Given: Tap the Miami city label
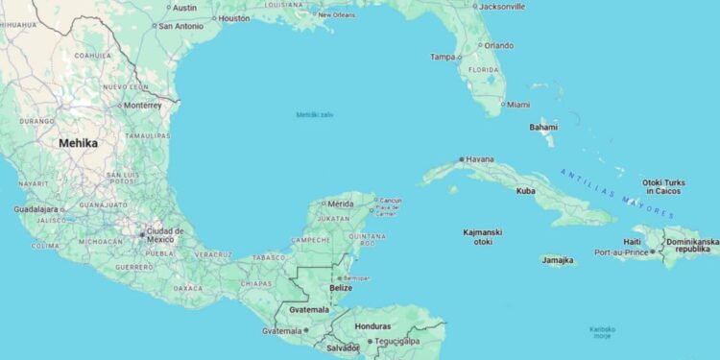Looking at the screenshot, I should click(x=518, y=104).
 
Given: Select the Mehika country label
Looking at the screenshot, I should click(x=78, y=142).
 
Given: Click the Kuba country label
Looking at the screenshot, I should click(x=526, y=191).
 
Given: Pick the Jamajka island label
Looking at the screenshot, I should click(x=558, y=259).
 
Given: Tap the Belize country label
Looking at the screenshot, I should click(x=341, y=288).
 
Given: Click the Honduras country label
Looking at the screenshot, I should click(x=373, y=325).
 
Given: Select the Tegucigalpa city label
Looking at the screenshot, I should click(x=396, y=341).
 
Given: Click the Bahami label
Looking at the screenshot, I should click(x=543, y=127).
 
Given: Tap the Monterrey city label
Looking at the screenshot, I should click(x=143, y=106).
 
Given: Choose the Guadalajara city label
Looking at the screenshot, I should click(x=36, y=209).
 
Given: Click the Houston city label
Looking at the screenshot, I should click(x=233, y=18).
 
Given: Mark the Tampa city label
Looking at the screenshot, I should click(x=444, y=57).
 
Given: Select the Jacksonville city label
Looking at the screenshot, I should click(x=502, y=6).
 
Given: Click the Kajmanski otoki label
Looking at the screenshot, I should click(x=483, y=236).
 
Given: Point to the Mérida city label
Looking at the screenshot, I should click(x=341, y=204).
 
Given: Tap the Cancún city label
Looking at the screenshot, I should click(x=390, y=200).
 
